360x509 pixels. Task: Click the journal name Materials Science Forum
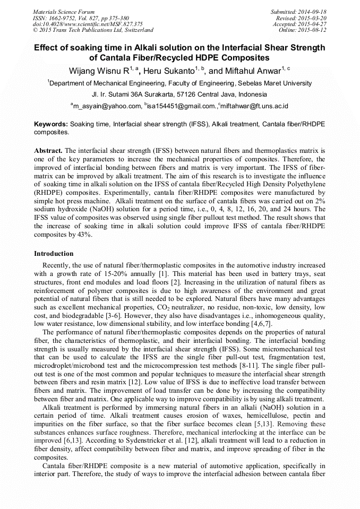tap(64, 11)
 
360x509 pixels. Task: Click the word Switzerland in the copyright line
tap(137, 30)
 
